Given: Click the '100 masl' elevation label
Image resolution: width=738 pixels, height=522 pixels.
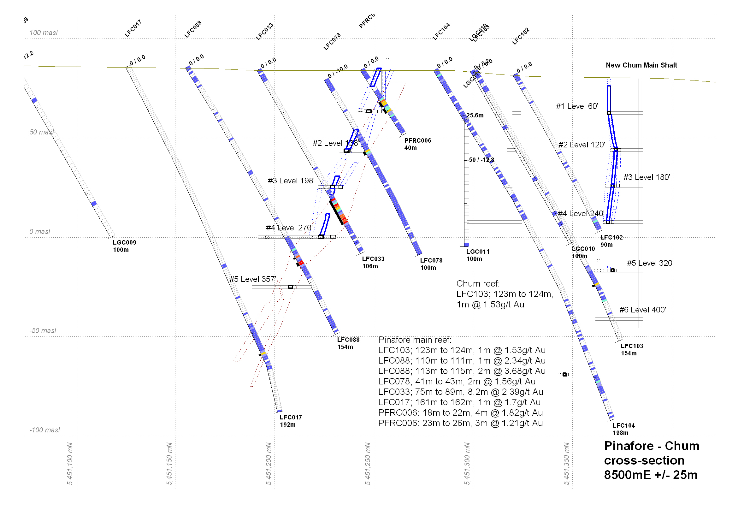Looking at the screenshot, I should point(44,33).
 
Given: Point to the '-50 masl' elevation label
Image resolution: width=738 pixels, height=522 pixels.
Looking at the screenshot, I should point(43,331).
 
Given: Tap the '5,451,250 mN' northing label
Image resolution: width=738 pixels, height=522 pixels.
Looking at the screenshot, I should point(368,464).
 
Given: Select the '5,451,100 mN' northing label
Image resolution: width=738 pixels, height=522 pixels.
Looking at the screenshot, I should point(70,464).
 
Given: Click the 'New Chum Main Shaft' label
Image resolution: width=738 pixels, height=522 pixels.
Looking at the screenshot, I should point(641,65).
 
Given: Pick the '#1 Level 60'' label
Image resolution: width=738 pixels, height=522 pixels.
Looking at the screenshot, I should point(577,106).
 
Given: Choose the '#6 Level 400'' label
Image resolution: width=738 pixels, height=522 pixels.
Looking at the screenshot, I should point(642,310).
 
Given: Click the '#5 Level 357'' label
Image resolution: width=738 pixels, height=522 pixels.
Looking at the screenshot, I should point(253,279).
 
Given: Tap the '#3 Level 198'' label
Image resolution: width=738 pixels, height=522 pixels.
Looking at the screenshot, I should point(291,181).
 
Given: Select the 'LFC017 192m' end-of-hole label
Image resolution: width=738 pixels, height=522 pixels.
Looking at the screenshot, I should point(291,421).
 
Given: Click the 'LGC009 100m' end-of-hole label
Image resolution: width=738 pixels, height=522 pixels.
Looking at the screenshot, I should point(124,246).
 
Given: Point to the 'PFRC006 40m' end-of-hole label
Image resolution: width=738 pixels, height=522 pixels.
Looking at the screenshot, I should point(417,144).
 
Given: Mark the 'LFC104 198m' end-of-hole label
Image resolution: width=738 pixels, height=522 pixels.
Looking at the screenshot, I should point(623,429).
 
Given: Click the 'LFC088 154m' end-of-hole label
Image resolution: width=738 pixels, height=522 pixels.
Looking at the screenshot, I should point(348,343).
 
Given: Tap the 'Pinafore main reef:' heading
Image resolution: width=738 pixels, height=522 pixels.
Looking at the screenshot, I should point(415,340).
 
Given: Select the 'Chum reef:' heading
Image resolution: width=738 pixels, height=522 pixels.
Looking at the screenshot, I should point(478,284).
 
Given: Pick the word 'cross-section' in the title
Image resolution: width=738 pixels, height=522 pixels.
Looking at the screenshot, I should point(644,460).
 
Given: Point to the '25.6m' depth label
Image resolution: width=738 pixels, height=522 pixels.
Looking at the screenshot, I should point(475,116).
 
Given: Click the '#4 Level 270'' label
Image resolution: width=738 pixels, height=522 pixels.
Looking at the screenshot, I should point(289,228).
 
